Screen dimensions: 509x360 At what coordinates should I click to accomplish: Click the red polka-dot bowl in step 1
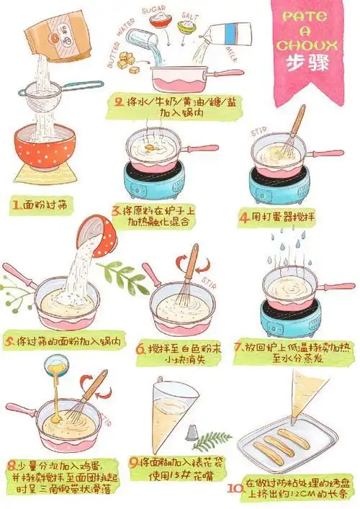[45, 150]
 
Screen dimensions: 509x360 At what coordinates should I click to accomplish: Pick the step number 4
[244, 215]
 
